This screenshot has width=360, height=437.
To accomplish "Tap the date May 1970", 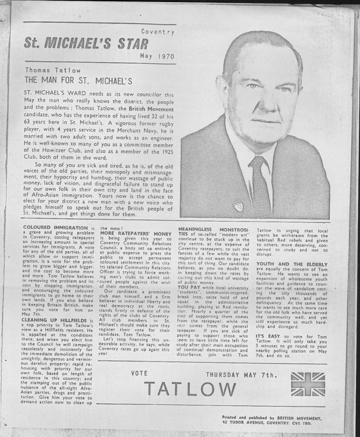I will tap(157, 56).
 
